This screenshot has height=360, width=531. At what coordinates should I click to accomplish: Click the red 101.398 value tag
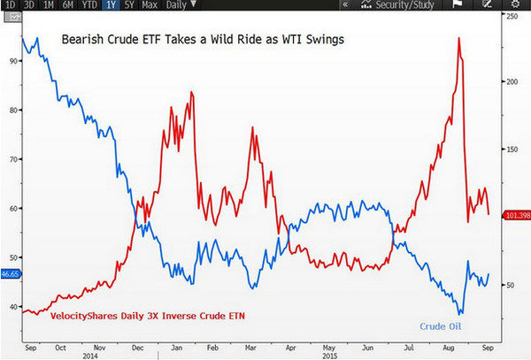(516, 215)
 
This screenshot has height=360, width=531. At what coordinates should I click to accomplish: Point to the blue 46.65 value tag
(11, 275)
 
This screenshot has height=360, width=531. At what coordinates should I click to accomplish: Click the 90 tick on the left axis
(12, 61)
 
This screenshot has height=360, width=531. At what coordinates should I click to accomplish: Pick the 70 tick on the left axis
(12, 159)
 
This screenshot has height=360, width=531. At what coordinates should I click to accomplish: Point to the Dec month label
(136, 349)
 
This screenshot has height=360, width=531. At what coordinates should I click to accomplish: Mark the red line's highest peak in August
(458, 39)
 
